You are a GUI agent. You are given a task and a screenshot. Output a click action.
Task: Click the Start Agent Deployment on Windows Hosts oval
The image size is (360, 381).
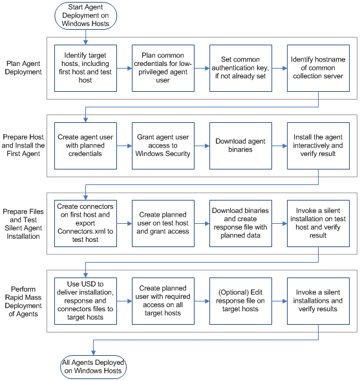(x=85, y=16)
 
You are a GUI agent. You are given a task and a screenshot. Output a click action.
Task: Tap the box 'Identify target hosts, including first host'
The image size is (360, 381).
(x=85, y=68)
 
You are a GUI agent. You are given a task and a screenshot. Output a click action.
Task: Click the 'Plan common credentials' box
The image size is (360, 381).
(x=163, y=68)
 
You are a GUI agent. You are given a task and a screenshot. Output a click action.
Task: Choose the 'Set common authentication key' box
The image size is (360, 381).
(x=240, y=68)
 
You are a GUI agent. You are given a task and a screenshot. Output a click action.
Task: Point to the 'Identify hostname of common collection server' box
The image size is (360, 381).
(x=318, y=68)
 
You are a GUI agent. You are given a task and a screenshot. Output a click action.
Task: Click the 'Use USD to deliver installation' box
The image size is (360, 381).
(x=85, y=299)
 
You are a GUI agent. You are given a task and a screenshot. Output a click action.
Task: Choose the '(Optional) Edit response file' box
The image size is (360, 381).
(x=240, y=299)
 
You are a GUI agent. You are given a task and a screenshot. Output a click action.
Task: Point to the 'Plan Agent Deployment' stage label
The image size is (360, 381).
(x=23, y=68)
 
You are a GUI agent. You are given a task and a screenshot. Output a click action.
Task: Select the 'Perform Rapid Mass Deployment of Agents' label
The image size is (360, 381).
(x=23, y=299)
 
